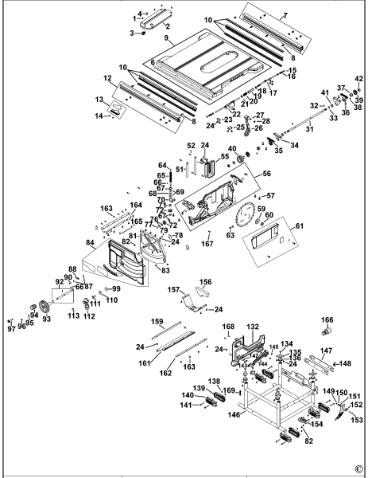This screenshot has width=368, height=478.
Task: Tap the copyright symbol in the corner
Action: point(358,468)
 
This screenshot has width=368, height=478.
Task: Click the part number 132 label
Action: point(253,327)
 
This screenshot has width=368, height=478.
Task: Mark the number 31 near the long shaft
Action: point(309,130)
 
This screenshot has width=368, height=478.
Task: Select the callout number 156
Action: point(206,281)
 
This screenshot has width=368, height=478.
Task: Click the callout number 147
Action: point(326,351)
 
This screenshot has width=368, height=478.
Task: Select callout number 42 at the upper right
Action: point(358,78)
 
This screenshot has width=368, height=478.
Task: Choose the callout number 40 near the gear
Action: point(233,148)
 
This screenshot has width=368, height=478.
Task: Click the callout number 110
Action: point(111,300)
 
